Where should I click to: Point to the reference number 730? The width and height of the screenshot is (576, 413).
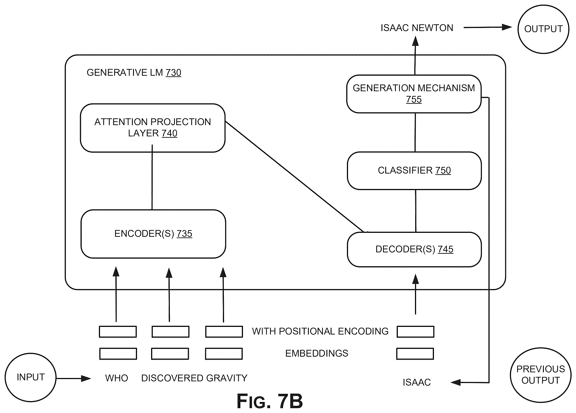[x=173, y=73]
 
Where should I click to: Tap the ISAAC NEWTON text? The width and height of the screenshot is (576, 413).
[x=417, y=28]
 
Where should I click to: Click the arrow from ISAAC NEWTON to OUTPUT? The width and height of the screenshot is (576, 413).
[x=488, y=28]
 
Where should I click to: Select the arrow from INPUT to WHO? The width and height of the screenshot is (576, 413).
[x=73, y=378]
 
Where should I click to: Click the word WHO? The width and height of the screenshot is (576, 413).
[x=117, y=378]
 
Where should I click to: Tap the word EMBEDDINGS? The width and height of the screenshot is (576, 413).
[x=317, y=353]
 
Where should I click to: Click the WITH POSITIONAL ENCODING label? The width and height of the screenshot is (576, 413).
[x=320, y=331]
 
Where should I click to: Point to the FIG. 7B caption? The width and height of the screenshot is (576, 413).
[x=270, y=401]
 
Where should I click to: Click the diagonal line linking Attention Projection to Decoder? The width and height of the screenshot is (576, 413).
[x=294, y=177]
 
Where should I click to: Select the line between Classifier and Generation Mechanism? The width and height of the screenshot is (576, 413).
[x=415, y=132]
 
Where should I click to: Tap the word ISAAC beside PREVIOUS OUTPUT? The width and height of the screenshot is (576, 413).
[x=417, y=382]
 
